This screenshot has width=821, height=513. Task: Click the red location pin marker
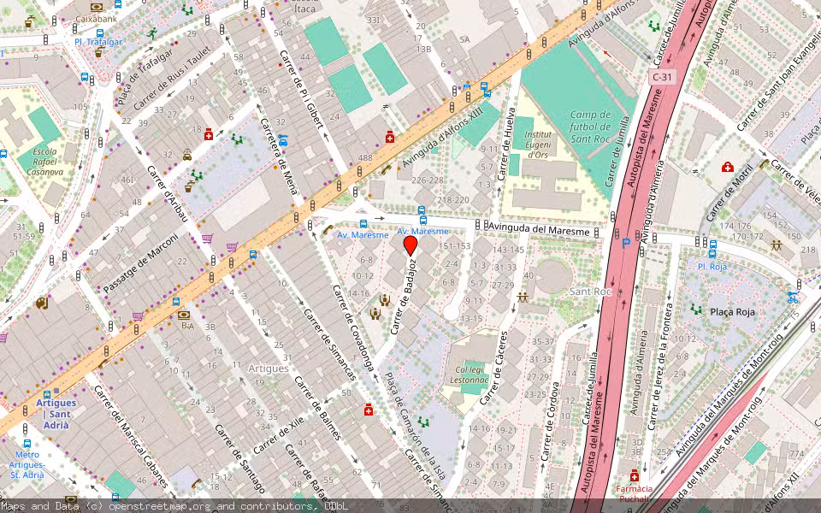pyautogui.click(x=410, y=245)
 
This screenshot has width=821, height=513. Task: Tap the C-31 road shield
pyautogui.click(x=661, y=77)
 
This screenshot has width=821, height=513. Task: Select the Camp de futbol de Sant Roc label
pyautogui.click(x=590, y=127)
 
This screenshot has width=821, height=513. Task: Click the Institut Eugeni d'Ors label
pyautogui.click(x=537, y=144)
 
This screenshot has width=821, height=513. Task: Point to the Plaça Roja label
pyautogui.click(x=733, y=312)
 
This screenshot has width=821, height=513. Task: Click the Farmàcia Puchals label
pyautogui.click(x=634, y=494)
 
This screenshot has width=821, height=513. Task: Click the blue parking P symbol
pyautogui.click(x=626, y=244)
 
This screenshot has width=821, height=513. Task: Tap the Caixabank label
pyautogui.click(x=96, y=17)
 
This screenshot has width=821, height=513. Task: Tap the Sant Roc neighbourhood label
pyautogui.click(x=591, y=292)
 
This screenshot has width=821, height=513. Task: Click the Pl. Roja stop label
pyautogui.click(x=712, y=266)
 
